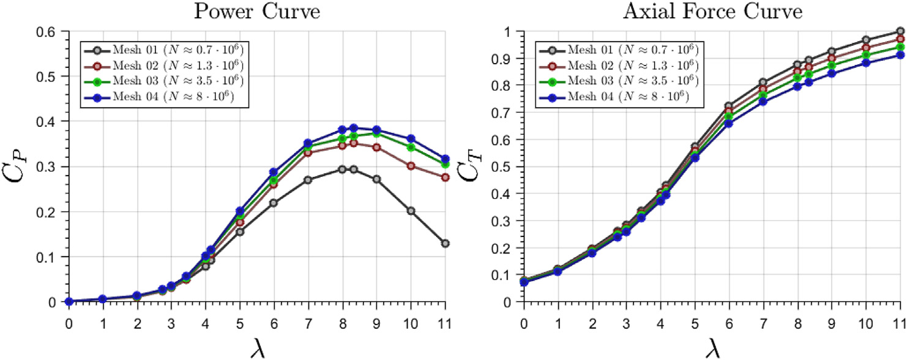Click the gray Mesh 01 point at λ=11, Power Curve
[446, 244]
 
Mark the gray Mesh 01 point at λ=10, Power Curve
[411, 211]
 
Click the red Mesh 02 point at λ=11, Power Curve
[446, 178]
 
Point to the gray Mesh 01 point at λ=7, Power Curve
[308, 180]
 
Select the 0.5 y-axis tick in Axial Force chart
[506, 167]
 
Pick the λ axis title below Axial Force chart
[711, 347]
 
